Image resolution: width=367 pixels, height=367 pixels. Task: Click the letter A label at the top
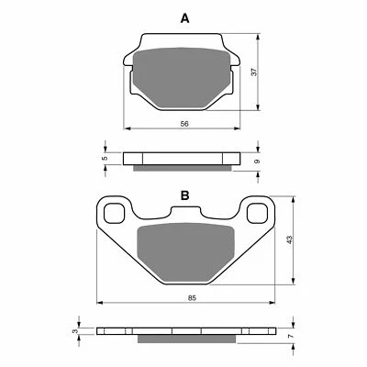183,17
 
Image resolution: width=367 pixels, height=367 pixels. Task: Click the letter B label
183,196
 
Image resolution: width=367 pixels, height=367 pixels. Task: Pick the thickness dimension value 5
105,157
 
